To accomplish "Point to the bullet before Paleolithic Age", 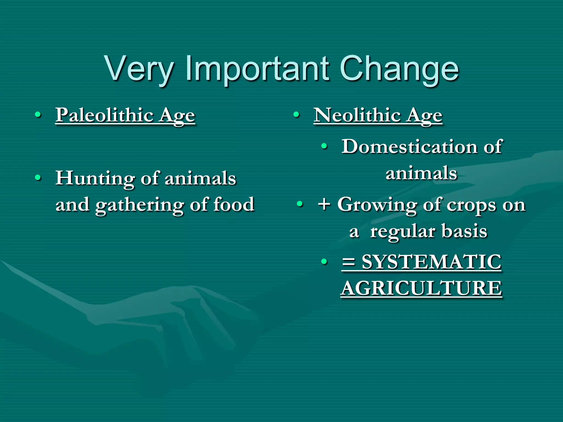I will pos(38,115).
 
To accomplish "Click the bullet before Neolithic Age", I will pos(296,115).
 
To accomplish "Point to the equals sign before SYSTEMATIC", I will pos(349,262).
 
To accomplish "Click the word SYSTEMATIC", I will pos(432,262).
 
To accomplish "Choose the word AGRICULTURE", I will pos(421,288).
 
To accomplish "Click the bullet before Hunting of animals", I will pos(38,178).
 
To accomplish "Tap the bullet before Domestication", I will pos(325,146).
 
